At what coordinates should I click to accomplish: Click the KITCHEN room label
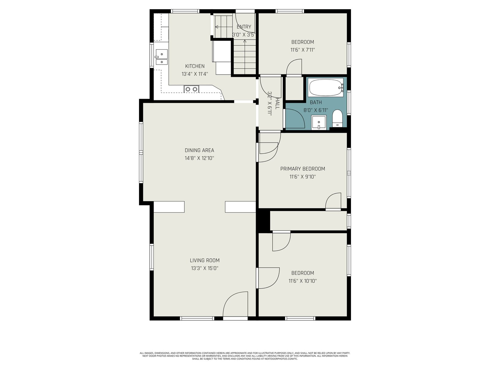(195, 66)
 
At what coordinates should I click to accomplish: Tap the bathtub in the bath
(326, 87)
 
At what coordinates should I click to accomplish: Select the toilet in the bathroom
(337, 118)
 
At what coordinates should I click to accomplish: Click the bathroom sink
(319, 122)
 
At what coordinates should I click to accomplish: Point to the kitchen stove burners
(191, 89)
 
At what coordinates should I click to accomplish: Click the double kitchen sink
(161, 57)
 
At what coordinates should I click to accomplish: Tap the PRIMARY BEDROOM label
(303, 169)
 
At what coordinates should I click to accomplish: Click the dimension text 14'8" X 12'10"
(199, 158)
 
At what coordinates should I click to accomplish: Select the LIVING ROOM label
(205, 260)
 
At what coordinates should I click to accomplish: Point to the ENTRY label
(244, 27)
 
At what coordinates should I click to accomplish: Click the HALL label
(277, 103)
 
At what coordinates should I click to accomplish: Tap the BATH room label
(316, 102)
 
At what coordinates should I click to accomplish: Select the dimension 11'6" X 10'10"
(303, 281)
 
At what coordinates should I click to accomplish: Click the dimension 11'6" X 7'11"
(303, 50)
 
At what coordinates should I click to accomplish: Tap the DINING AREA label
(199, 150)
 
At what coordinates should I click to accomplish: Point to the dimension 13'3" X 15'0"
(205, 268)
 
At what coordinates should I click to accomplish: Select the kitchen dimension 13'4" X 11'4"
(195, 74)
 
